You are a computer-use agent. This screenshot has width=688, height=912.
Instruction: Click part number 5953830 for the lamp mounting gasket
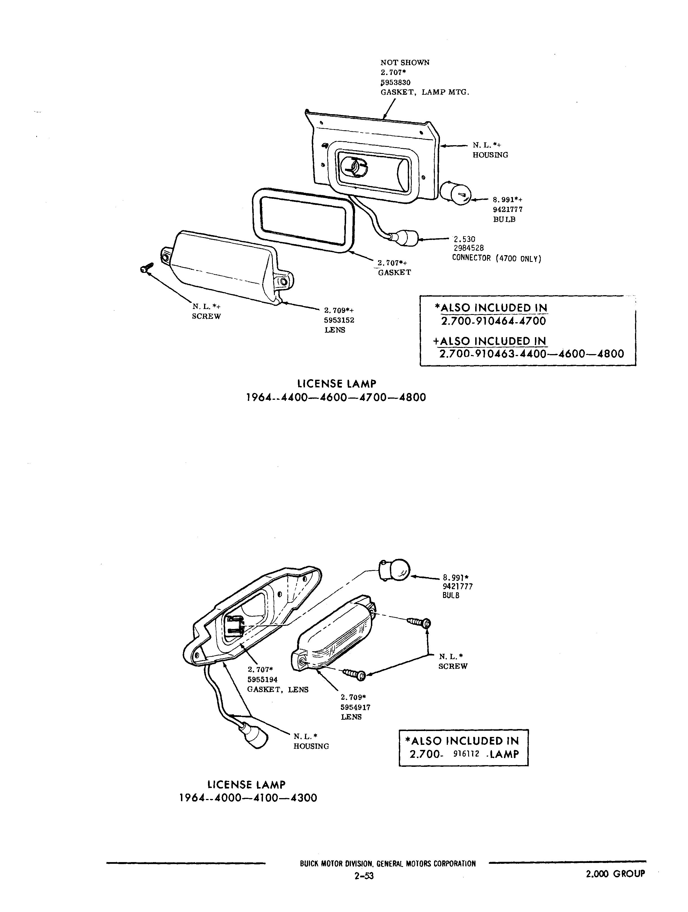tap(395, 82)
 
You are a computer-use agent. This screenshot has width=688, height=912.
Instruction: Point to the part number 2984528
tap(468, 248)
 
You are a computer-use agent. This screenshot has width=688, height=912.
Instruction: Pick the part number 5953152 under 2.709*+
tap(339, 320)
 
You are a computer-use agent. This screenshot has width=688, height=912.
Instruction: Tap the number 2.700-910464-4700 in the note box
tap(493, 321)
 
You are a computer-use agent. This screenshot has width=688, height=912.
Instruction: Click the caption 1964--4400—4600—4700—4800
tap(336, 398)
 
